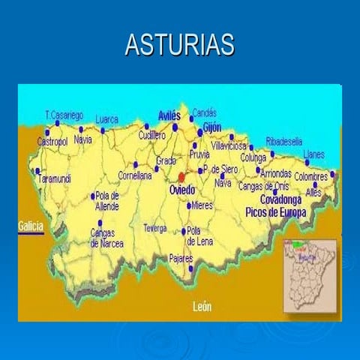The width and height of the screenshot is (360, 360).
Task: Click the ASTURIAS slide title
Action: pos(180,45)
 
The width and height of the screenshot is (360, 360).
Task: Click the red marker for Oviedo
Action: pos(181,177)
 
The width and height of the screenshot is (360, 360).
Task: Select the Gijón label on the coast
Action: pos(212,127)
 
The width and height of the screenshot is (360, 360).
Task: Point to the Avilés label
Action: pos(169,115)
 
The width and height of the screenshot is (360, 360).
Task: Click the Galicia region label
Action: pos(31,225)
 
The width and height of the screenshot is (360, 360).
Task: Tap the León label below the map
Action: pos(202,306)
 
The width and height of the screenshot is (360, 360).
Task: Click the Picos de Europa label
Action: pos(276,212)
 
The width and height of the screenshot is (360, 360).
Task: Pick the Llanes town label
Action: pos(313,154)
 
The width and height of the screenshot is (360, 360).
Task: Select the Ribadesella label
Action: pos(284,141)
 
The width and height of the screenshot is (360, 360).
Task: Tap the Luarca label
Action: pos(107,118)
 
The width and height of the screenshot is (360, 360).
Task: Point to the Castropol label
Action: pos(52,141)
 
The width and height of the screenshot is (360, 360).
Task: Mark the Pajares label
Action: pos(181,258)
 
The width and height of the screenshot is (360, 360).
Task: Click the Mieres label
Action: pos(202,205)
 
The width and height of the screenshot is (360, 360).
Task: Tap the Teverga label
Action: pos(155,227)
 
